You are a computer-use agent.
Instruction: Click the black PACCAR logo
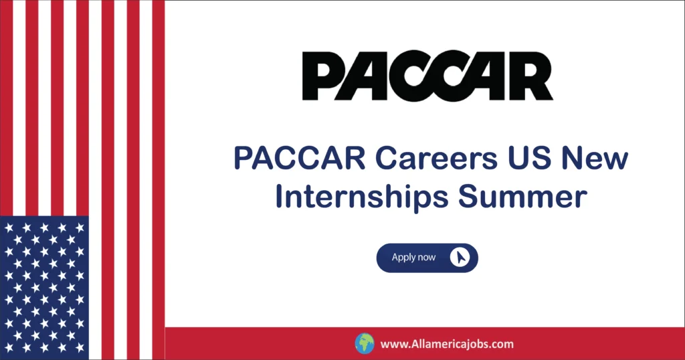[427, 76]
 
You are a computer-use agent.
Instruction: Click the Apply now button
[427, 258]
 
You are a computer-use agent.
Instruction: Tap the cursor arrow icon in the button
[460, 258]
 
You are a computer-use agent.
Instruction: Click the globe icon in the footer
[364, 344]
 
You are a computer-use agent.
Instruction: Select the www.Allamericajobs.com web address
[447, 345]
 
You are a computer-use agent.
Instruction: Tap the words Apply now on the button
[413, 258]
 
